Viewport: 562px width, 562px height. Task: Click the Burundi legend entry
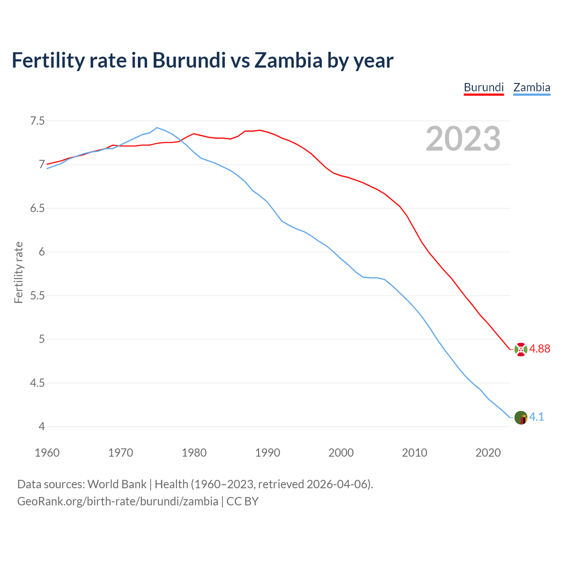[x=483, y=87]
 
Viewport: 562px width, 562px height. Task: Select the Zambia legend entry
[x=532, y=87]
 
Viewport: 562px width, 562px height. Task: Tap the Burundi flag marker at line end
[x=521, y=349]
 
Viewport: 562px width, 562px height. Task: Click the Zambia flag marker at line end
[x=521, y=418]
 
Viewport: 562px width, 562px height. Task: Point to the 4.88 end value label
[x=540, y=349]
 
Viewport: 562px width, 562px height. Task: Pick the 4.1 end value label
[x=537, y=417]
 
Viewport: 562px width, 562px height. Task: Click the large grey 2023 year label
[x=463, y=139]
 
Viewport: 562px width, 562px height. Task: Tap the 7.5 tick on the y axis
[x=37, y=121]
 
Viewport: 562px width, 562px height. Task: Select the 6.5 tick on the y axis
[x=37, y=208]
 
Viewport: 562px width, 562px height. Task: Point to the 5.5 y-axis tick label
[x=37, y=295]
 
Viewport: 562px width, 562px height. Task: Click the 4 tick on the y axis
[x=42, y=426]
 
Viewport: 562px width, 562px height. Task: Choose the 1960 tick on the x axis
[x=47, y=453]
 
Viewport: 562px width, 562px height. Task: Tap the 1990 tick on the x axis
[x=267, y=453]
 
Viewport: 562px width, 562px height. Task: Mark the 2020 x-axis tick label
[x=488, y=453]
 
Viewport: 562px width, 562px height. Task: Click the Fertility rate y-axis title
[x=18, y=272]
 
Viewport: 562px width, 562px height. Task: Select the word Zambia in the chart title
[x=288, y=60]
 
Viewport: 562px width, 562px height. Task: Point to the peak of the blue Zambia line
[x=157, y=128]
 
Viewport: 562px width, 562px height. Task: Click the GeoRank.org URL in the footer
[x=118, y=501]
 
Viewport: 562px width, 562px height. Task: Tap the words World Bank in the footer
[x=117, y=484]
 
